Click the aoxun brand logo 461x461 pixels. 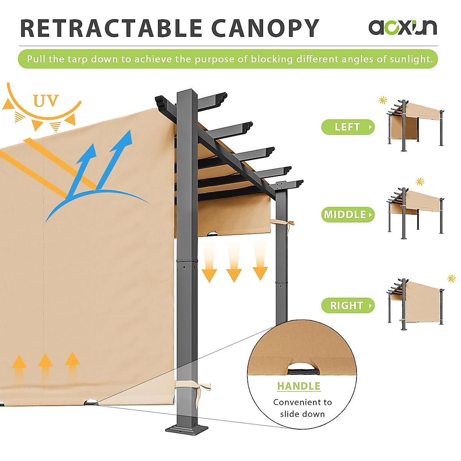tap(402, 27)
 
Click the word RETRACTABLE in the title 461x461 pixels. tap(111, 28)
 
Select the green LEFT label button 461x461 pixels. tap(348, 127)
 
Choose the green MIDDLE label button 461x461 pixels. tap(348, 214)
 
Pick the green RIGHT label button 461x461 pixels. tap(348, 305)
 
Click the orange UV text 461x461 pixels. tap(46, 101)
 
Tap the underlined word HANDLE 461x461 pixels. tap(298, 386)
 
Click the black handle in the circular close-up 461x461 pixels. tap(302, 371)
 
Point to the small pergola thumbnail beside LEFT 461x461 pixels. tap(415, 125)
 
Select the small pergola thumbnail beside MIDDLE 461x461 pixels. tap(415, 212)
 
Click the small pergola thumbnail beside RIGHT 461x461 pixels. tap(415, 303)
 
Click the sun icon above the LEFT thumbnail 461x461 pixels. tap(383, 100)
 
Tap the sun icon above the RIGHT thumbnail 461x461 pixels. tap(451, 279)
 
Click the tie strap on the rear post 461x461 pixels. tap(282, 223)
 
